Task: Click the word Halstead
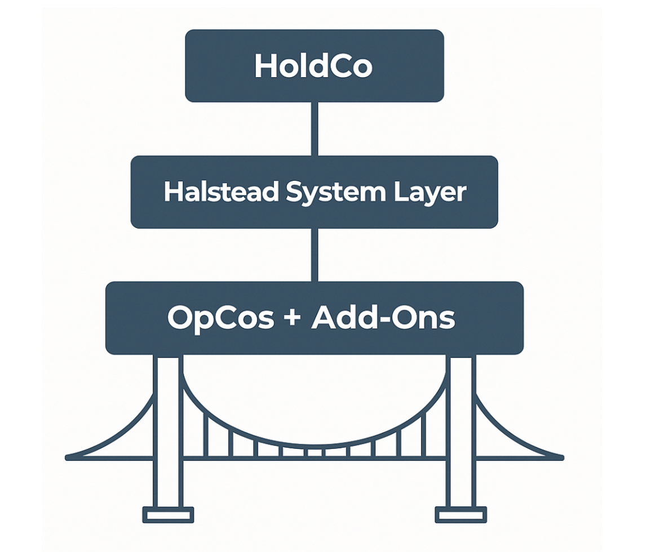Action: point(222,192)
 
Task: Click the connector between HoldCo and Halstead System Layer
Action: point(315,128)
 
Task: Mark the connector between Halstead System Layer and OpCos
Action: point(315,255)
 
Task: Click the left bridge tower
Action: point(169,428)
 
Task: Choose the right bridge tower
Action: point(461,428)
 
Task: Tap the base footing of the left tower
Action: point(168,514)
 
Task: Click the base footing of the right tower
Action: point(461,514)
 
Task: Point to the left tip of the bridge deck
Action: point(68,457)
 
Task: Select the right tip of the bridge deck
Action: point(561,457)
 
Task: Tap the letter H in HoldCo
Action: point(265,66)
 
